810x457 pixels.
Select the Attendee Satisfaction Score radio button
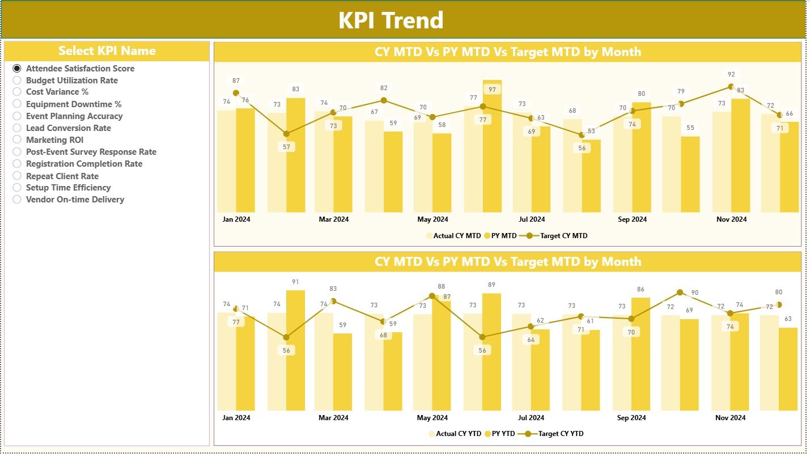pyautogui.click(x=17, y=68)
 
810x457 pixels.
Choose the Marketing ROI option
pyautogui.click(x=17, y=140)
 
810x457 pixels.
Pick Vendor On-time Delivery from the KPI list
pyautogui.click(x=17, y=200)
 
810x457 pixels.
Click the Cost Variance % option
pyautogui.click(x=17, y=92)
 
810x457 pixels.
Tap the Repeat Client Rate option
pyautogui.click(x=17, y=176)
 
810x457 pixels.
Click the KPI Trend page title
pyautogui.click(x=391, y=20)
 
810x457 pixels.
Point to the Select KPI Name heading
pyautogui.click(x=107, y=51)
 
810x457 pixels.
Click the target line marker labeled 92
pyautogui.click(x=731, y=87)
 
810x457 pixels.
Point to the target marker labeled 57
pyautogui.click(x=286, y=134)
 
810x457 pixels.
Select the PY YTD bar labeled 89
pyautogui.click(x=491, y=352)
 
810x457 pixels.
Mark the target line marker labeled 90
pyautogui.click(x=681, y=293)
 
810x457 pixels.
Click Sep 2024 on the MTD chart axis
pyautogui.click(x=631, y=219)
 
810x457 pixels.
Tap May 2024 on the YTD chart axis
pyautogui.click(x=432, y=418)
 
